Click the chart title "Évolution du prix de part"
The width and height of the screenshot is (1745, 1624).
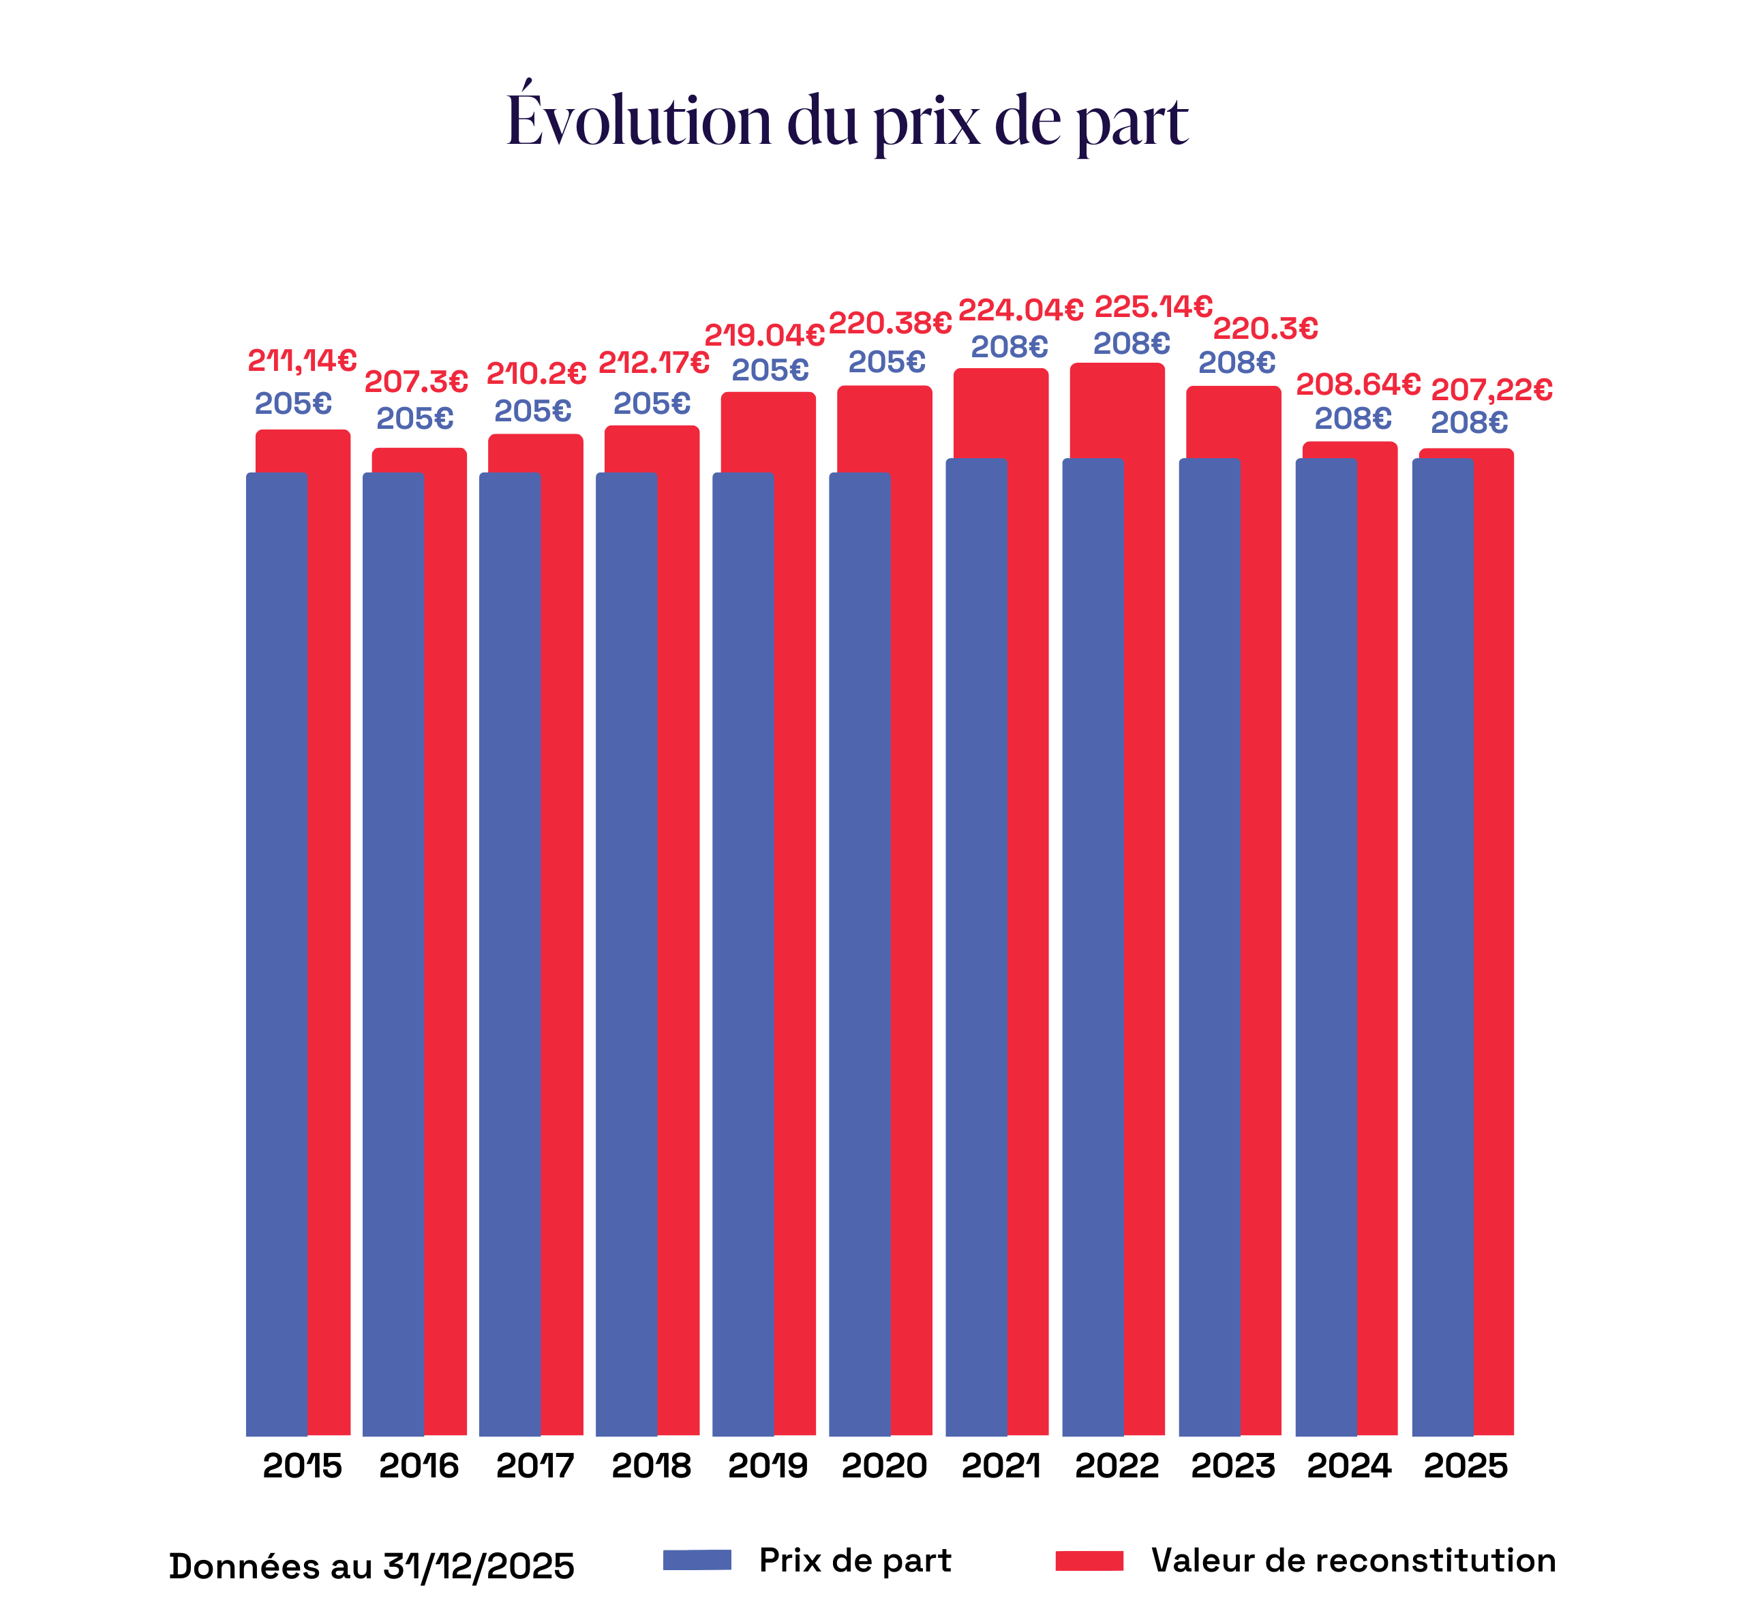tap(847, 120)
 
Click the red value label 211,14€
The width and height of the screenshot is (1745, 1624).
tap(302, 361)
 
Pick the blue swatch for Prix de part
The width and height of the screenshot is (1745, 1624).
tap(697, 1560)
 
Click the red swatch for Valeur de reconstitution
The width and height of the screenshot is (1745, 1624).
tap(1089, 1560)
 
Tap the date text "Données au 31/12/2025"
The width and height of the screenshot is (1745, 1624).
tap(371, 1566)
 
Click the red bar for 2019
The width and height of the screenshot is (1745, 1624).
tap(794, 878)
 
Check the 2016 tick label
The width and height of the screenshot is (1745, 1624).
tap(419, 1466)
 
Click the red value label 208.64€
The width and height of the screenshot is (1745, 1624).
tap(1358, 385)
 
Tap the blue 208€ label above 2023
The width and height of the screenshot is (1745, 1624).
tap(1236, 363)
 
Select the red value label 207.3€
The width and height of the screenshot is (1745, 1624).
tap(416, 382)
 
